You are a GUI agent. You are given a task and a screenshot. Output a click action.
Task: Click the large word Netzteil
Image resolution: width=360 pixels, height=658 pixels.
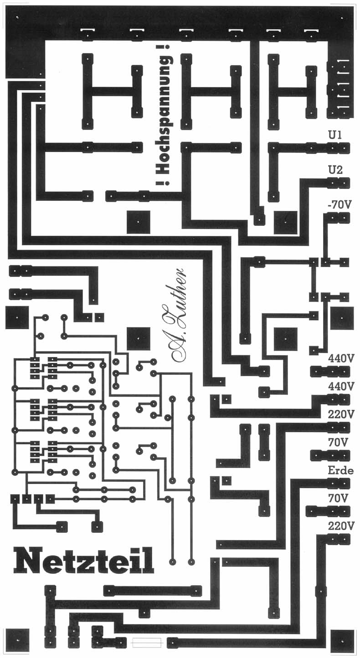(83, 561)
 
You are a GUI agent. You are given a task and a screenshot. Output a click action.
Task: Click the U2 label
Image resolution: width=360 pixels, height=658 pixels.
(335, 170)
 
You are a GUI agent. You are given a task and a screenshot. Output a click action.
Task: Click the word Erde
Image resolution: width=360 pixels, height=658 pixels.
(340, 471)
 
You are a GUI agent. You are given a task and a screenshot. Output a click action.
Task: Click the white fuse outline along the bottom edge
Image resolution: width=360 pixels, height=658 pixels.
(146, 643)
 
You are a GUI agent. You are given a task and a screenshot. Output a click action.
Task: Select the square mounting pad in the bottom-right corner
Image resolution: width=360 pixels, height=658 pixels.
(342, 641)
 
